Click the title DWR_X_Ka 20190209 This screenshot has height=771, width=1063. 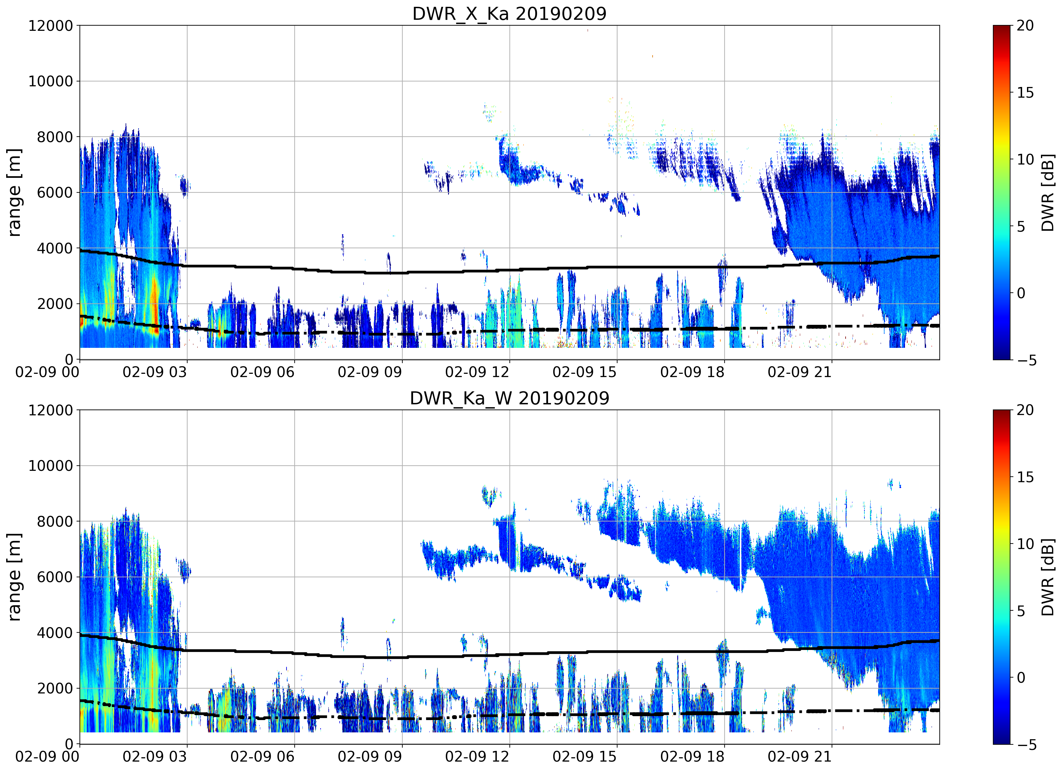tap(509, 14)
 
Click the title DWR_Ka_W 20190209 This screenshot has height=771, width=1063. tap(509, 398)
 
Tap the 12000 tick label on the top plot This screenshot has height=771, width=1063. tap(51, 26)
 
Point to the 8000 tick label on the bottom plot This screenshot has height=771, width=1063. tap(55, 521)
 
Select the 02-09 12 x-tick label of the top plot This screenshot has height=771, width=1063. tap(477, 372)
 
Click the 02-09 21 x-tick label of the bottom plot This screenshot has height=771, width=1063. tap(800, 756)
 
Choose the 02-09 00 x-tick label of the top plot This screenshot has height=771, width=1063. tap(47, 372)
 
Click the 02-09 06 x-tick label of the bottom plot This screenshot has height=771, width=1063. tap(263, 756)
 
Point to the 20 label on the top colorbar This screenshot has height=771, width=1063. tap(1025, 25)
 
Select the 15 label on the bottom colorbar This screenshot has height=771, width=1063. tap(1025, 477)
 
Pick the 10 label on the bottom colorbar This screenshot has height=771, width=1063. tap(1025, 544)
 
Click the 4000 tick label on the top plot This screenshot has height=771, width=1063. tap(55, 249)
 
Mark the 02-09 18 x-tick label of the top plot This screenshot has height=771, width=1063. tap(692, 372)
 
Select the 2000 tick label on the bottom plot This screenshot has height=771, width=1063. tap(55, 688)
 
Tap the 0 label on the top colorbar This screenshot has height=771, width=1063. tap(1021, 293)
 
